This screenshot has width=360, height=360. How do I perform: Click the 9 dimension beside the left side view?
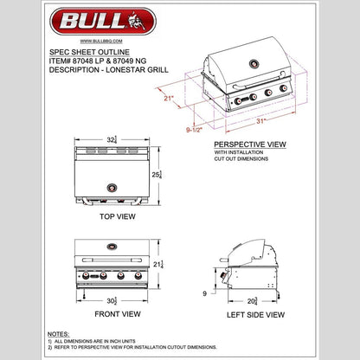click(204, 293)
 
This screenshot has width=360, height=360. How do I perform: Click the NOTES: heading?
click(59, 333)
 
